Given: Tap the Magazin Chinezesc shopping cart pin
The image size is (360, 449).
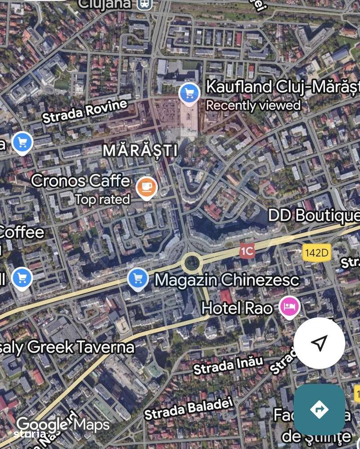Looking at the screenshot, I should pos(138,279).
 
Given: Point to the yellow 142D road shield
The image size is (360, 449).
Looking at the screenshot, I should pos(316,253).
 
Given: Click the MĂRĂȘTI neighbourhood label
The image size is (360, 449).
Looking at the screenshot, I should pos(140,150).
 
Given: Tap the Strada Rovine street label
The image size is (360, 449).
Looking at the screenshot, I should pos(85,111).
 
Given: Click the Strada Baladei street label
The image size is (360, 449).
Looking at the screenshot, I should pos(189,407).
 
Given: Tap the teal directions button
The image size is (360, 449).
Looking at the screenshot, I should pos(319,409).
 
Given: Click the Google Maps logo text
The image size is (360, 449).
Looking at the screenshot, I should pos(63,424).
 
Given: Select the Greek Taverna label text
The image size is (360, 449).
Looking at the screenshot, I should pos(67,347).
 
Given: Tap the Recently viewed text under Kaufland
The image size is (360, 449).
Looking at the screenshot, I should pos(253,106).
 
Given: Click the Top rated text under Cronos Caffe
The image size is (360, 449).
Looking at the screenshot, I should pos(102,199).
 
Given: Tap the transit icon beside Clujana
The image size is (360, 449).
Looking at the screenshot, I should pos(145,4).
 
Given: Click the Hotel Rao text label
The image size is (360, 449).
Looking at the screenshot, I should pos(237,308).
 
